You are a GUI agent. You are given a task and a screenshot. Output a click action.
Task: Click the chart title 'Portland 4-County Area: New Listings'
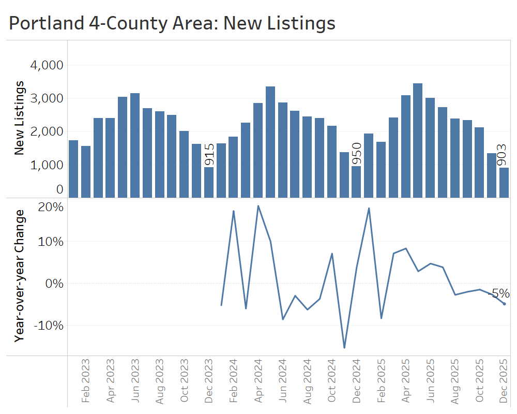(x=172, y=23)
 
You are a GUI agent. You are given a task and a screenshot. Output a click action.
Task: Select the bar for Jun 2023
(x=135, y=145)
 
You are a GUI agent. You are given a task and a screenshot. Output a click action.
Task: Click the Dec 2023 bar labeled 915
(x=209, y=182)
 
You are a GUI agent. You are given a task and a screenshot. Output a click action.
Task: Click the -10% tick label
(x=50, y=325)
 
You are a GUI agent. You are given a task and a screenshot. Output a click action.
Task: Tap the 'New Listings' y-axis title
(x=20, y=118)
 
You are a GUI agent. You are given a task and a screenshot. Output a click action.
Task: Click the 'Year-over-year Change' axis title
(x=20, y=275)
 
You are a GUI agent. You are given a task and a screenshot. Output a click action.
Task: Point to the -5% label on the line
(x=498, y=294)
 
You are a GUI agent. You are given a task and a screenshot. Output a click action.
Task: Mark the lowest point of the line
(x=344, y=348)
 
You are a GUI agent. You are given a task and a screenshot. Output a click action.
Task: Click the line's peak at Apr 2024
(x=258, y=206)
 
